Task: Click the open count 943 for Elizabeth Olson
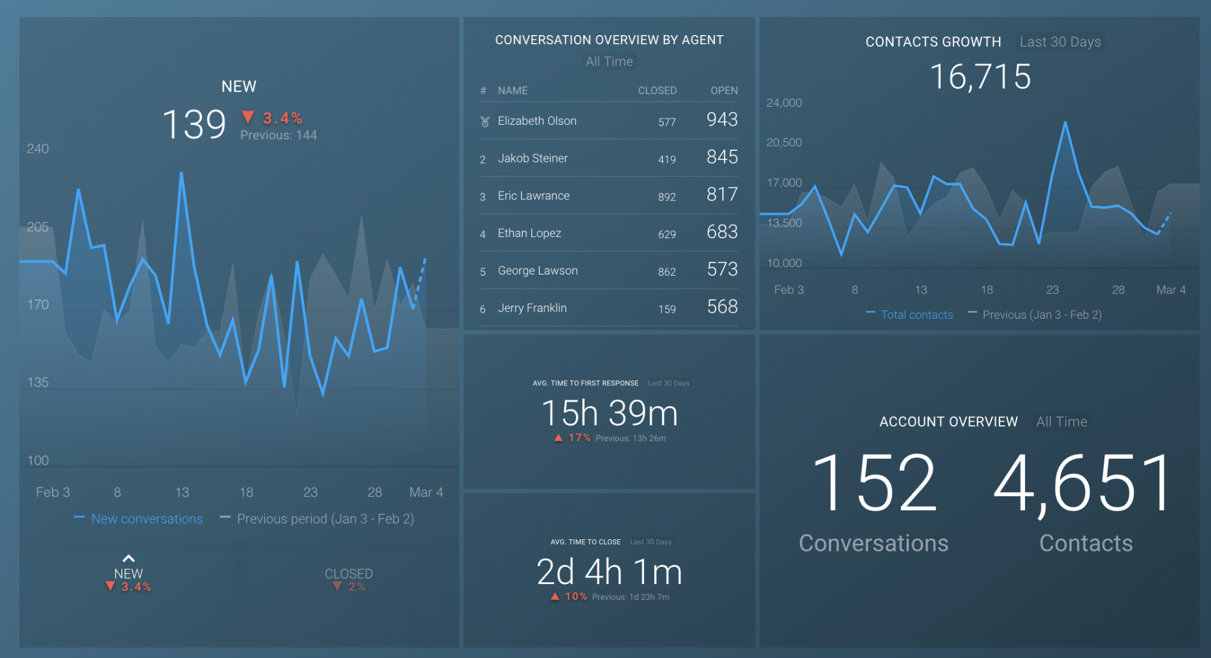click(722, 119)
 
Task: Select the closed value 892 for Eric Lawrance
click(666, 197)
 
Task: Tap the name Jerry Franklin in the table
click(532, 308)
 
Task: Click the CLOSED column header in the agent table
click(657, 90)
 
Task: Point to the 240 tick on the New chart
click(38, 148)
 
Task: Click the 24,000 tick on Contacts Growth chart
click(784, 103)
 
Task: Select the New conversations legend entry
click(147, 519)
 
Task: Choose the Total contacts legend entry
click(916, 314)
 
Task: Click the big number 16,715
click(980, 77)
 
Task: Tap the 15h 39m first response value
click(609, 413)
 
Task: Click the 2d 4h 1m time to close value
click(609, 572)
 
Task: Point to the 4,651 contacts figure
click(1084, 484)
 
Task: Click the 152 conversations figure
click(874, 484)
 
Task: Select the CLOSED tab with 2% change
click(348, 579)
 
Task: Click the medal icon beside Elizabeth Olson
click(485, 121)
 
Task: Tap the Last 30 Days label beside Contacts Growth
click(1060, 42)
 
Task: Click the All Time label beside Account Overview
click(1061, 422)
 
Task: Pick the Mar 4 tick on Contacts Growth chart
click(1170, 290)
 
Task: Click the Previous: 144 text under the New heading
click(278, 135)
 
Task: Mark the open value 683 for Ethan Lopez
click(722, 232)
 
